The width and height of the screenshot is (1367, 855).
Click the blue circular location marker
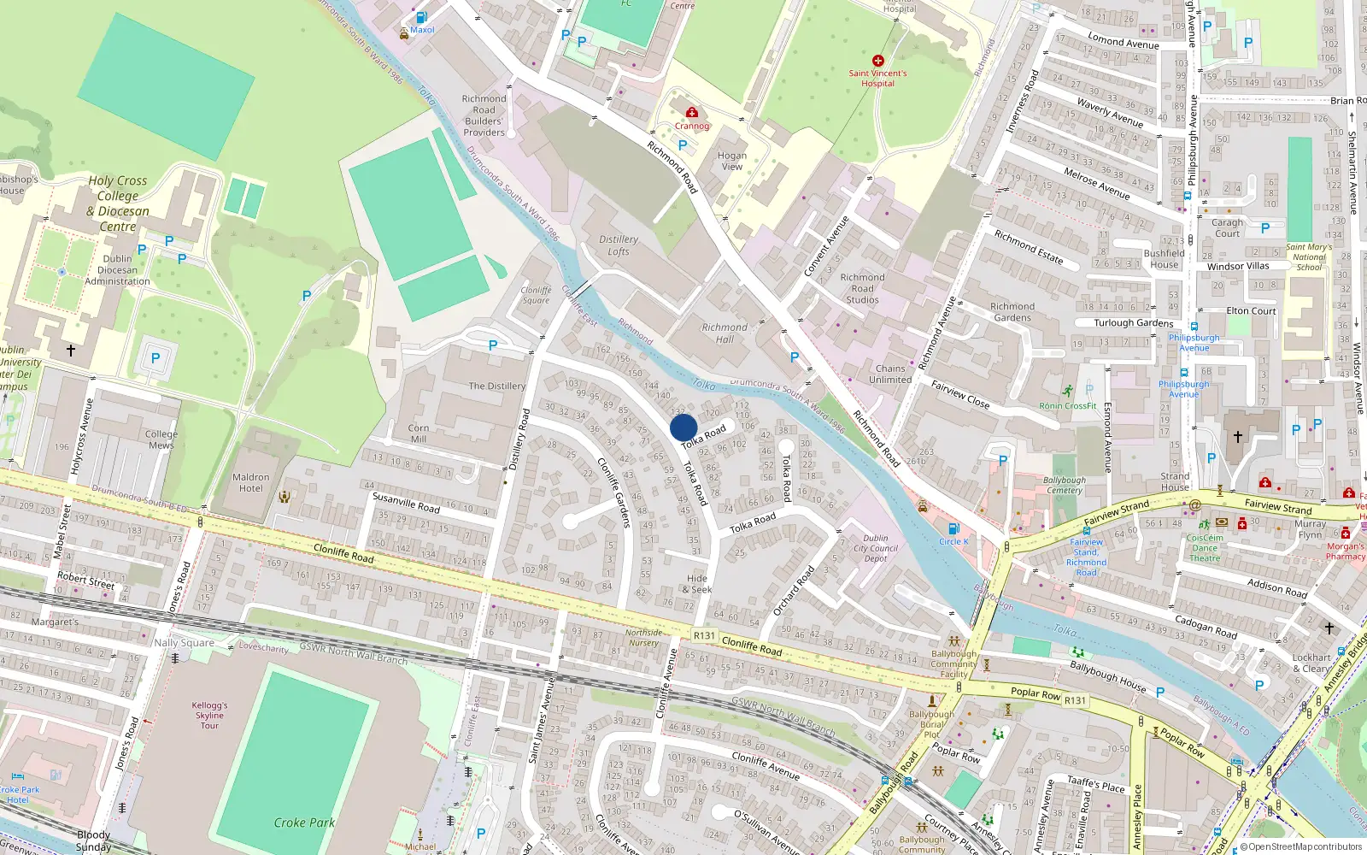click(x=683, y=427)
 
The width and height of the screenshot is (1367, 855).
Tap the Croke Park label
click(x=304, y=823)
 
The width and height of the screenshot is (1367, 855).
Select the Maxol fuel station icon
click(x=421, y=17)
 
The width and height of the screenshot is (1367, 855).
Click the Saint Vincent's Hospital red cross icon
click(x=877, y=61)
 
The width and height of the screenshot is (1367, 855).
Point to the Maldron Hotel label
click(x=250, y=483)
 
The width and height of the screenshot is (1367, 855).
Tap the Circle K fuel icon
click(x=953, y=529)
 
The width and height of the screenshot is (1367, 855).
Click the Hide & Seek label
click(x=697, y=584)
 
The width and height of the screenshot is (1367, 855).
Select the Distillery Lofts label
click(x=619, y=245)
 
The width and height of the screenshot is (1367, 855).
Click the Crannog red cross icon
click(x=692, y=112)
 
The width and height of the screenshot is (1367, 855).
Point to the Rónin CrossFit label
click(x=1067, y=406)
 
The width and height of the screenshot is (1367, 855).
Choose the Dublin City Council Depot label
click(x=876, y=548)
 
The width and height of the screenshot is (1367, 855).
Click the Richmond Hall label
click(x=725, y=333)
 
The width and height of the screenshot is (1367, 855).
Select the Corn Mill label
click(x=419, y=433)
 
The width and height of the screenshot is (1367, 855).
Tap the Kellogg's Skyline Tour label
click(x=209, y=716)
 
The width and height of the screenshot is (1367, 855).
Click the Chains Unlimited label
click(x=890, y=374)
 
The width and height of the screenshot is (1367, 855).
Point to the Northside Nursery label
click(x=643, y=638)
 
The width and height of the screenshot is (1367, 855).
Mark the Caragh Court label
click(x=1227, y=228)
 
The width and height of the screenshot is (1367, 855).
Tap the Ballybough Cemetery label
click(x=1065, y=486)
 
